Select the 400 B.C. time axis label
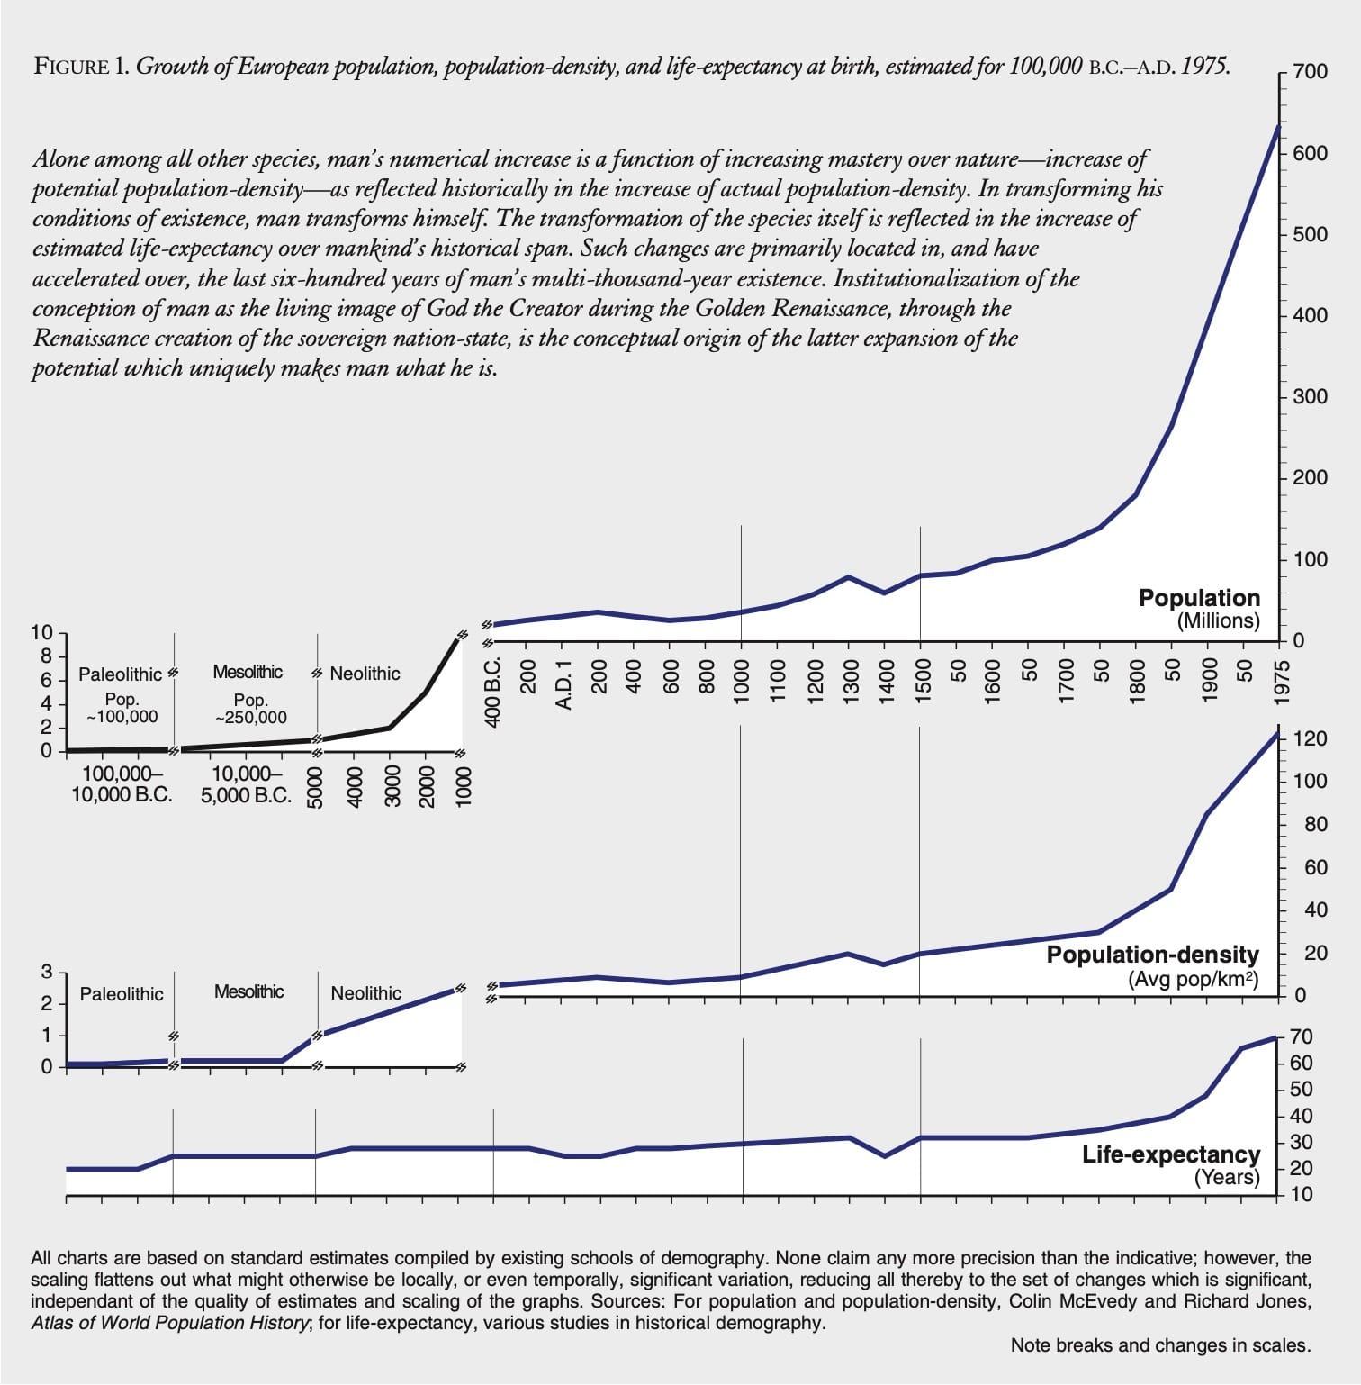(x=493, y=691)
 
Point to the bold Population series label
(x=1199, y=598)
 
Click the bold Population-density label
(x=1152, y=955)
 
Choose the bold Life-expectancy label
(x=1170, y=1154)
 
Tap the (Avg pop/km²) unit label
(x=1193, y=979)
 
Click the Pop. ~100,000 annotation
(x=122, y=709)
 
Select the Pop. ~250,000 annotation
(x=251, y=709)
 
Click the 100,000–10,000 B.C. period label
(x=122, y=784)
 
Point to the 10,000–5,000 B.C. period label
(x=246, y=784)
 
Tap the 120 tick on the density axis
(x=1310, y=739)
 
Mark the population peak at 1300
(x=849, y=576)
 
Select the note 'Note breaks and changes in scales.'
(x=1159, y=1345)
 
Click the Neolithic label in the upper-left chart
(x=365, y=674)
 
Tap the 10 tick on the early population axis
(x=41, y=632)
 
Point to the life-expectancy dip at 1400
(x=885, y=1155)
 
